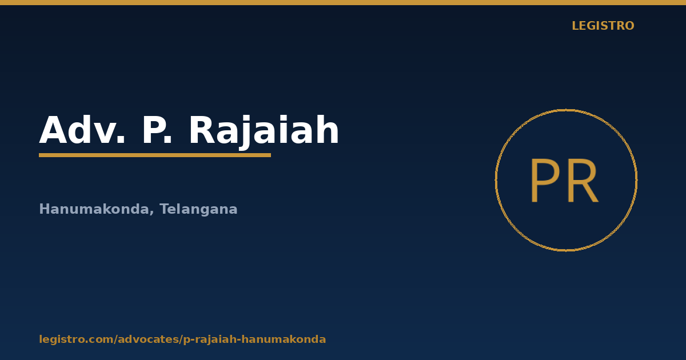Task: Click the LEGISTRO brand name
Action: pos(603,26)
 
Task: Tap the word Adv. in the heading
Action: pos(82,130)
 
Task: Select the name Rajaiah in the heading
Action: pos(264,131)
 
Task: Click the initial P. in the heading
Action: pos(157,130)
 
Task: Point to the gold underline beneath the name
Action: pos(155,155)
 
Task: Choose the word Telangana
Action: pos(198,209)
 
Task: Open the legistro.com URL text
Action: pos(182,339)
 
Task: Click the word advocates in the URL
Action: pos(149,339)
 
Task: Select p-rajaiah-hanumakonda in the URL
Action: pos(254,339)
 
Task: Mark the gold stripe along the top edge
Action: pos(343,2)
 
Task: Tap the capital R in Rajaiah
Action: pos(203,130)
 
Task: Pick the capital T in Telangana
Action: pos(165,209)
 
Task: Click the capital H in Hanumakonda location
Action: pos(45,209)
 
